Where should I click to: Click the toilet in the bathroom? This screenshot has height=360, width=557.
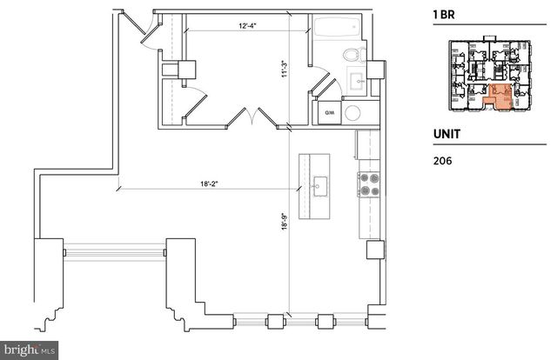(x=351, y=55)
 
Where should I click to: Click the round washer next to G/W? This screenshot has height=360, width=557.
(x=353, y=112)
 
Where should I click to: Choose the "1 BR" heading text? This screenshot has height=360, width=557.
(x=445, y=15)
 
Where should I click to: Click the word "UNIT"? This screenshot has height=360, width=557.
(x=446, y=136)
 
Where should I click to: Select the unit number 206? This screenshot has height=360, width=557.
(x=442, y=160)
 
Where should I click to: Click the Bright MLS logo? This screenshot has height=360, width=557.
(x=29, y=350)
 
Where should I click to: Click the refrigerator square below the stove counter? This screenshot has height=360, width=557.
(x=375, y=249)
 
